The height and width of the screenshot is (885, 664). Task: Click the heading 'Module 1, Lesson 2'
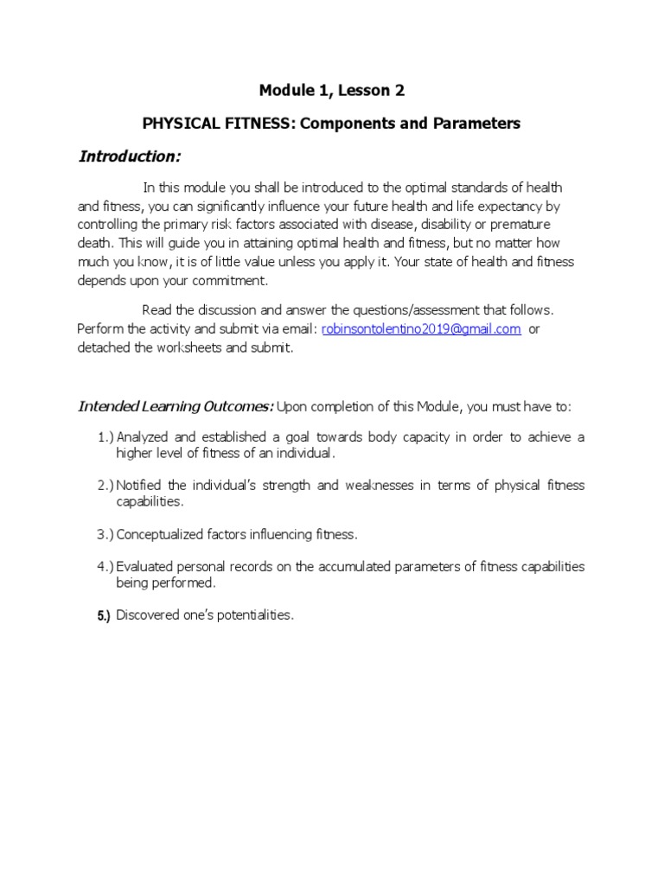tap(332, 90)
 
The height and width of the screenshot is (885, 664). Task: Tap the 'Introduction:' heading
tap(130, 156)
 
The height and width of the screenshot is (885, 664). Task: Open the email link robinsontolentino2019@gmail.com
tap(421, 329)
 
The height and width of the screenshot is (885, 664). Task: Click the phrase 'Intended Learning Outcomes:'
tap(176, 406)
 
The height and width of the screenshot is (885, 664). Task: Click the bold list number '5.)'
tap(104, 616)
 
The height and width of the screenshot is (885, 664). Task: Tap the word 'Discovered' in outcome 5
tap(148, 616)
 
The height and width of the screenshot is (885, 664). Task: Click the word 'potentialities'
tap(258, 616)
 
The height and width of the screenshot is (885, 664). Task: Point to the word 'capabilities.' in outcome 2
tap(150, 501)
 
